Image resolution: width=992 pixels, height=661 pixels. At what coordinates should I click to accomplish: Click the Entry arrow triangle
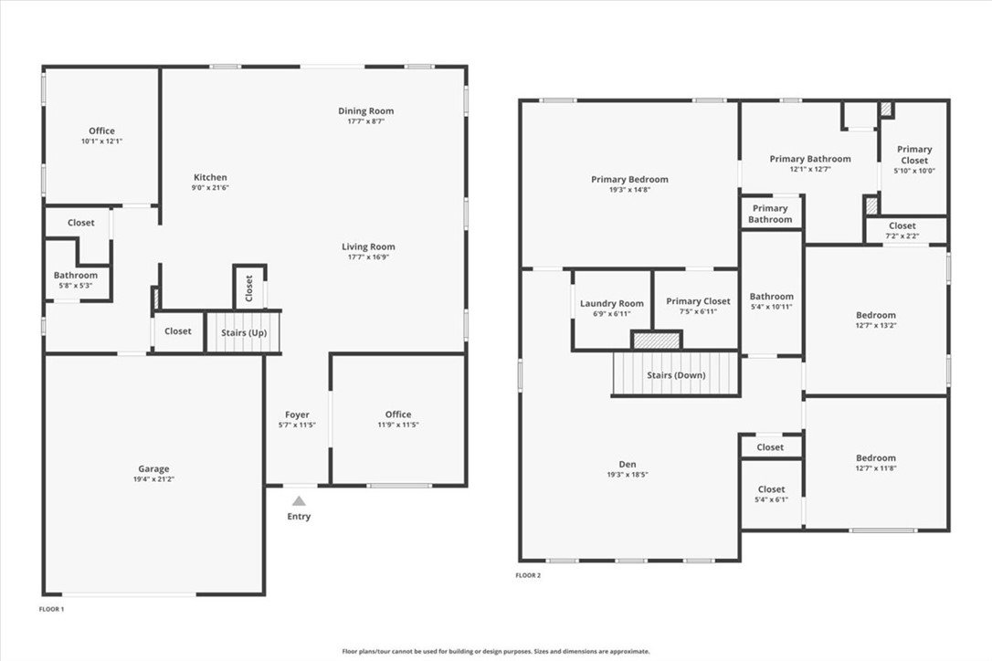point(299,501)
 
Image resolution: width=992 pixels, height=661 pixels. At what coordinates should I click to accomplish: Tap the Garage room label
point(153,468)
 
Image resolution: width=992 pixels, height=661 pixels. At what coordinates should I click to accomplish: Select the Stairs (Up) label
point(244,332)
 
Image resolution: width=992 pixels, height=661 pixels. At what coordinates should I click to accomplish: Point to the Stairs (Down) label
point(676,375)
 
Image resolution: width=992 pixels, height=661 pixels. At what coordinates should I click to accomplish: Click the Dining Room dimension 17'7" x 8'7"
point(365,121)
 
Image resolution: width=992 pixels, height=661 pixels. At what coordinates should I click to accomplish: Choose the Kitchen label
point(210,177)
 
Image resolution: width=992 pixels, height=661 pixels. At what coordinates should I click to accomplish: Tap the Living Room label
point(368,247)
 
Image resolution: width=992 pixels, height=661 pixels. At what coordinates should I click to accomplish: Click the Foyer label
point(297,414)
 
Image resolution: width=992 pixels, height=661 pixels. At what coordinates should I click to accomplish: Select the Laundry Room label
point(612,304)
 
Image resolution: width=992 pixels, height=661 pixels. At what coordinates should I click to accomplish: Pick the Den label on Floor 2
point(628,465)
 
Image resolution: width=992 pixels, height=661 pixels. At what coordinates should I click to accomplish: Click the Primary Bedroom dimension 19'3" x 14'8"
point(629,189)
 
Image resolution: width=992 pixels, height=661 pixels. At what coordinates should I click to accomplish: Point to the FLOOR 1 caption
point(52,609)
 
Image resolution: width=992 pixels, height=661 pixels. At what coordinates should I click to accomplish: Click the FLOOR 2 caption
point(528,575)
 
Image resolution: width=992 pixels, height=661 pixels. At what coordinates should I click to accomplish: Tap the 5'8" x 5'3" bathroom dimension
point(75,285)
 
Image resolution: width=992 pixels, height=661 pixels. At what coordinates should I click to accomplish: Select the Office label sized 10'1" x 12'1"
point(102,131)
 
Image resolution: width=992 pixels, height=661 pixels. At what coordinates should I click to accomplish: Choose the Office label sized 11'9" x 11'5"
point(398,414)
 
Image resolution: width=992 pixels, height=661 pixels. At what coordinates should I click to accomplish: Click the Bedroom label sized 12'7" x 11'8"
point(876,458)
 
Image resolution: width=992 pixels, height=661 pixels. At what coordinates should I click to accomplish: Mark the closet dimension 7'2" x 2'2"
point(902,236)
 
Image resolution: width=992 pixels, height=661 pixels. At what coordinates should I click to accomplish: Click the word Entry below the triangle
point(299,516)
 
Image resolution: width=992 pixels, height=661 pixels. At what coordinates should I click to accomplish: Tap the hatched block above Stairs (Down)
point(657,341)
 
